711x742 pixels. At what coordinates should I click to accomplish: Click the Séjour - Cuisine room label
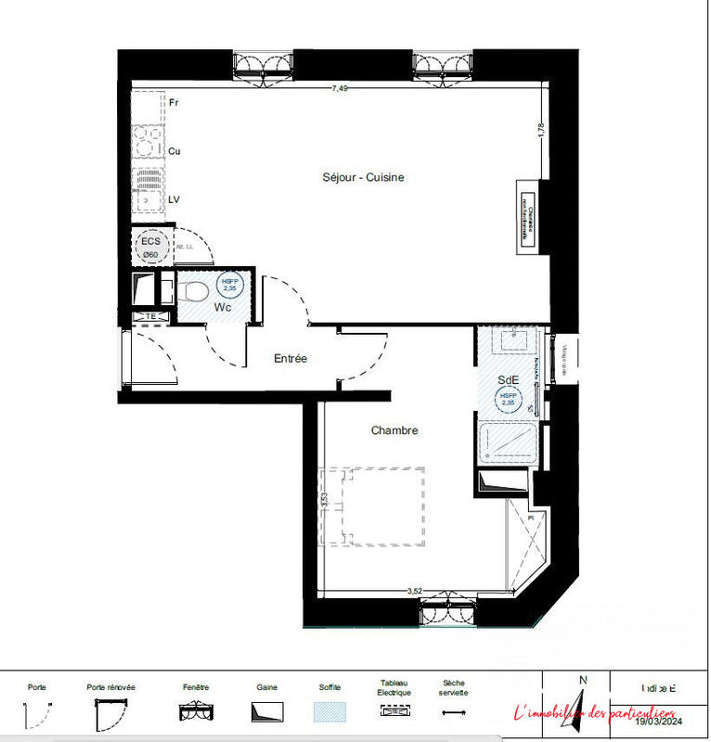click(x=363, y=177)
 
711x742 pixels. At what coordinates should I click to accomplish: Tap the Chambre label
click(x=394, y=430)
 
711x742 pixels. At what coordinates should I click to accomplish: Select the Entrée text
click(x=290, y=358)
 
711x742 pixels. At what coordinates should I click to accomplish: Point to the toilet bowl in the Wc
click(x=194, y=292)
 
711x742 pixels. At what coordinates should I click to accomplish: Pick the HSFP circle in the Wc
click(x=228, y=284)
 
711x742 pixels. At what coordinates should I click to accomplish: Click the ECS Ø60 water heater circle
click(x=150, y=246)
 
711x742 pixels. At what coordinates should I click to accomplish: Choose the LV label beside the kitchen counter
click(x=174, y=199)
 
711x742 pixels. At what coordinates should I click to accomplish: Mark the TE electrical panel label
click(x=150, y=317)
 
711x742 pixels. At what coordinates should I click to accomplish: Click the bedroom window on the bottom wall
click(x=448, y=611)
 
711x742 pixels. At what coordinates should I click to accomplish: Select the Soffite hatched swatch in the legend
click(x=330, y=712)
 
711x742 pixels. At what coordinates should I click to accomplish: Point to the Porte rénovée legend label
click(x=110, y=687)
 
